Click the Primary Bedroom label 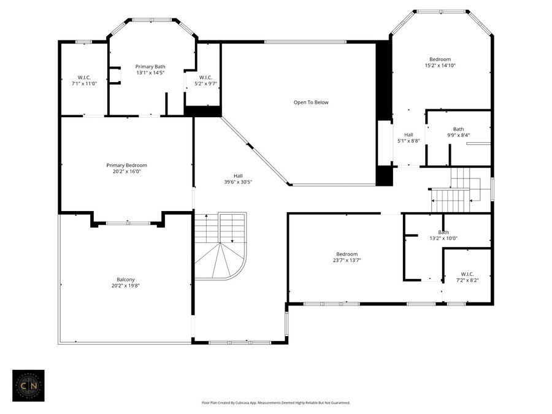tap(126, 165)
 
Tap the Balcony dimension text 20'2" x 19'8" tap(126, 286)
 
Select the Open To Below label tap(311, 102)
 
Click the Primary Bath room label tap(150, 66)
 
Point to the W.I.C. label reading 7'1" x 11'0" tap(84, 77)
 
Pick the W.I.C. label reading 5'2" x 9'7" tap(205, 77)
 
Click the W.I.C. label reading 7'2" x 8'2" tap(467, 274)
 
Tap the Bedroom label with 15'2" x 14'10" tap(440, 59)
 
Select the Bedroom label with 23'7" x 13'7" tap(346, 254)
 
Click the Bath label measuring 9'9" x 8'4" tap(458, 129)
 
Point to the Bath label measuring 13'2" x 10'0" tap(443, 232)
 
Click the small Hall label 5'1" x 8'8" tap(408, 135)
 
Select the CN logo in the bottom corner tap(28, 385)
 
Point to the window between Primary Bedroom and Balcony tap(128, 223)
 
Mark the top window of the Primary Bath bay tap(151, 20)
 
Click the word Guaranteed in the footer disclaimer tap(338, 403)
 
